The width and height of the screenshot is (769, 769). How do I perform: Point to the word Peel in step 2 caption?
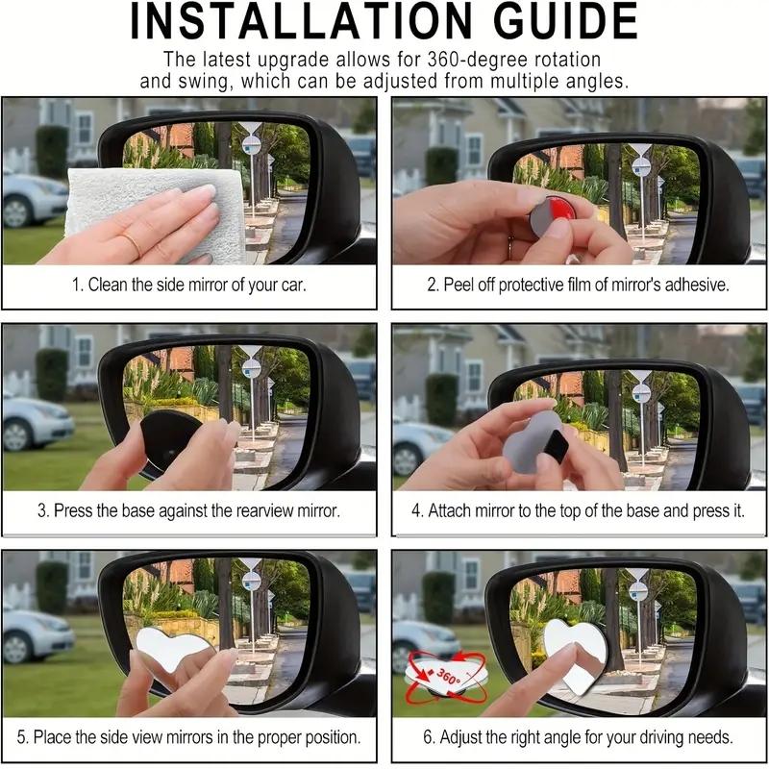tap(460, 285)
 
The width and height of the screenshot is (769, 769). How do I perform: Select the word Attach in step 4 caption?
tap(449, 510)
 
